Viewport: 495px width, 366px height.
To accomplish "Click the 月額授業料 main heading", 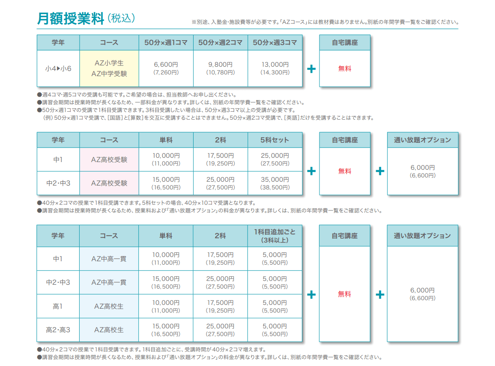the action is (71, 18).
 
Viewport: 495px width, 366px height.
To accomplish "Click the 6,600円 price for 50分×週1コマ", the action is (166, 68).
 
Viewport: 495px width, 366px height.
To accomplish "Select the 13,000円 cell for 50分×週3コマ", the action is (275, 68).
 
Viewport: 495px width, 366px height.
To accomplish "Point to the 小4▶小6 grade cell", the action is (58, 68).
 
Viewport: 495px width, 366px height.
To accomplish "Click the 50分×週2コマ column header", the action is (221, 43).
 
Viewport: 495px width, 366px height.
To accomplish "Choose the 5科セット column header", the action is (275, 140).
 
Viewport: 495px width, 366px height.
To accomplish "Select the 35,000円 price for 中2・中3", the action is (275, 183).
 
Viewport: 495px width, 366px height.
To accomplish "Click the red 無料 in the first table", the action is (345, 68).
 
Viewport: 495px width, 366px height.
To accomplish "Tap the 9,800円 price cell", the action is (221, 68).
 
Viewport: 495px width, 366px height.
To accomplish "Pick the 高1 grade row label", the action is (58, 306).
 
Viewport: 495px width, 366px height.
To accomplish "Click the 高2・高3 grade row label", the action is (58, 330).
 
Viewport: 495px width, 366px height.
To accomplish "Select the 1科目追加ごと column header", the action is (275, 236).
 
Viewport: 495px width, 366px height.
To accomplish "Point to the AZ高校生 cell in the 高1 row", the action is (109, 306).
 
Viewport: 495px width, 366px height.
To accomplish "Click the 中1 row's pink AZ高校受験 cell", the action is (109, 159).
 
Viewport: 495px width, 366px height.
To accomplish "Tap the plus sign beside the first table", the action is (311, 69).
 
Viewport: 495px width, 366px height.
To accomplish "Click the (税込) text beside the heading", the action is (122, 18).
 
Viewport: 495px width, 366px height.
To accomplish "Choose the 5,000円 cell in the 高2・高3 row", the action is (275, 330).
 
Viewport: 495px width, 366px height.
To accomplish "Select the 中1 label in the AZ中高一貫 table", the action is (58, 259).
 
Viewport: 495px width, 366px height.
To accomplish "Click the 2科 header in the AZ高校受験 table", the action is (221, 140).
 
